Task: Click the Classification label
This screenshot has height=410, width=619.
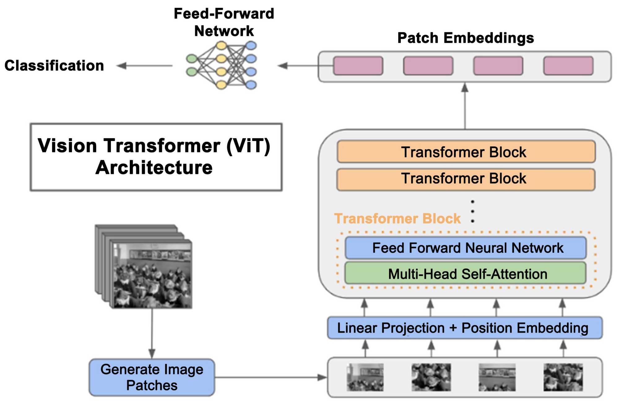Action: pos(54,66)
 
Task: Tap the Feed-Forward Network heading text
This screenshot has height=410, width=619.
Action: pos(224,22)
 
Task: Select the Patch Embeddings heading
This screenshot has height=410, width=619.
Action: pos(465,38)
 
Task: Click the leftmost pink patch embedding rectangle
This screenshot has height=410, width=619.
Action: pos(358,66)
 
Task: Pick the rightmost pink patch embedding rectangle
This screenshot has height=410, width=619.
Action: pos(568,66)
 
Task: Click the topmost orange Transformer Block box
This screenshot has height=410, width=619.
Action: pos(466,152)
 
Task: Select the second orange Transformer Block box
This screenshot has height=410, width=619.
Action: pos(466,179)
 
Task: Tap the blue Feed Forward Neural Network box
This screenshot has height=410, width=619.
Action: pos(465,248)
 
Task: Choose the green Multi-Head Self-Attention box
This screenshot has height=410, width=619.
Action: pos(465,274)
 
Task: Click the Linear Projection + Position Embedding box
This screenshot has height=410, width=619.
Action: pos(465,328)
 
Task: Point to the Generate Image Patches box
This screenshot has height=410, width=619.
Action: pos(152,377)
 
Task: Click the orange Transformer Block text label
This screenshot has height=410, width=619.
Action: pos(397,218)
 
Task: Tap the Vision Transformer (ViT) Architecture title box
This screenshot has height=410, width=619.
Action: pos(156,157)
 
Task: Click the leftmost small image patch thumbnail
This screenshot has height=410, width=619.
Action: pos(365,377)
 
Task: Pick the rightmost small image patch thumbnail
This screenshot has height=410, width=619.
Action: pos(563,377)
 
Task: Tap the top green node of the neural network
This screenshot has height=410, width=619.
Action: pos(192,58)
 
